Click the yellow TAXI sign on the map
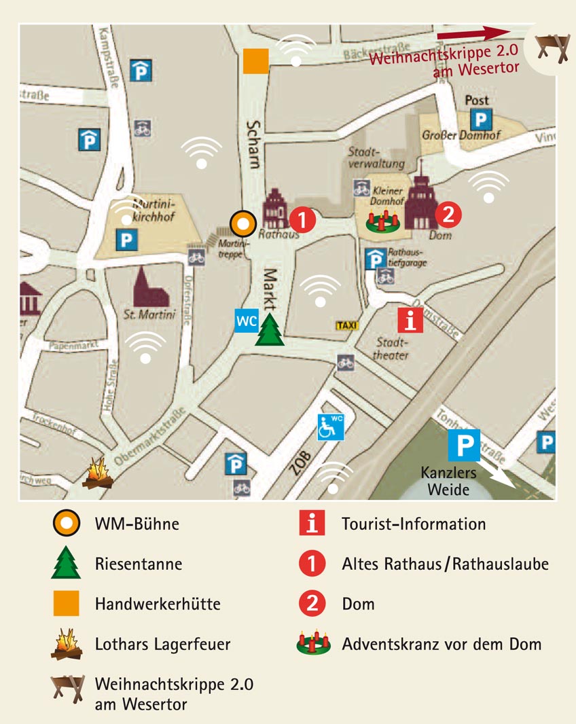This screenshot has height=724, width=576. pos(346,325)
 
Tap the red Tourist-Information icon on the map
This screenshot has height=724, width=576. pos(410,319)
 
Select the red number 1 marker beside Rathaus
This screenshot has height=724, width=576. pos(303,219)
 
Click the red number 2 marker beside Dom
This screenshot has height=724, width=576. pos(448,215)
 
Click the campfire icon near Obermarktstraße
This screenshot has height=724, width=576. pos(98,473)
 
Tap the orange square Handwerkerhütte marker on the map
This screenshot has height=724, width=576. pos(255,60)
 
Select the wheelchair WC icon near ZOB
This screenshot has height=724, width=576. pos(331,426)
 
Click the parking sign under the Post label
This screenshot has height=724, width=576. pos(480,120)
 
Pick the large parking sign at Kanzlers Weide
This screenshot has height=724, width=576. pos(464,446)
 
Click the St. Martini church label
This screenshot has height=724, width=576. pos(149,315)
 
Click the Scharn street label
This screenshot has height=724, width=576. pos(253,144)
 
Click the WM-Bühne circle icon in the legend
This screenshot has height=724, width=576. pos(66,524)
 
